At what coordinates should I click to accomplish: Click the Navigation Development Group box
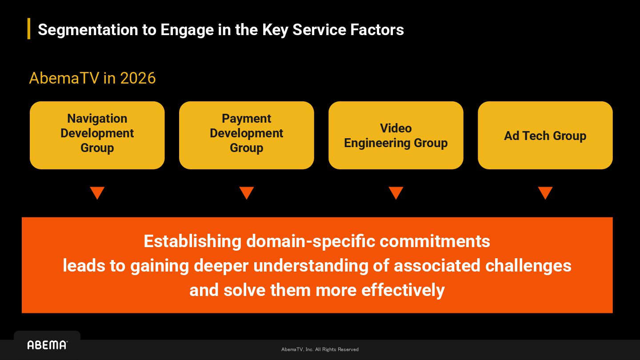click(x=97, y=135)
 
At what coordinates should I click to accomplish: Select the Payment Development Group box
click(x=246, y=135)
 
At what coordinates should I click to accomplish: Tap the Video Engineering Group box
click(x=396, y=135)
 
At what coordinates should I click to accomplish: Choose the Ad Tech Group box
click(x=545, y=135)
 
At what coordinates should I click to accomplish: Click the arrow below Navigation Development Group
click(x=97, y=193)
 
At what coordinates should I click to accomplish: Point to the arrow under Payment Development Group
click(x=246, y=193)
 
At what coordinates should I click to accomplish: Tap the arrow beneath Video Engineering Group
click(x=396, y=193)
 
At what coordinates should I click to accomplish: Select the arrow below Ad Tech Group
click(x=545, y=193)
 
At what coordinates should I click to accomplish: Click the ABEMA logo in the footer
click(x=47, y=345)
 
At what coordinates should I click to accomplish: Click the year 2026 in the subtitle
click(x=138, y=78)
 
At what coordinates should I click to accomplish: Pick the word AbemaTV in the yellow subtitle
click(x=64, y=78)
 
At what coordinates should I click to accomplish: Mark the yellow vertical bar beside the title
click(x=29, y=29)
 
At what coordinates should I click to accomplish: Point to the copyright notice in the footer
click(x=320, y=349)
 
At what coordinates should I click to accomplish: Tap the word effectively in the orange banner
click(x=403, y=290)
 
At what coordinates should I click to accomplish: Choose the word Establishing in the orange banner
click(x=192, y=241)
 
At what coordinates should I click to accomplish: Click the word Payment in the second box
click(x=246, y=119)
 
